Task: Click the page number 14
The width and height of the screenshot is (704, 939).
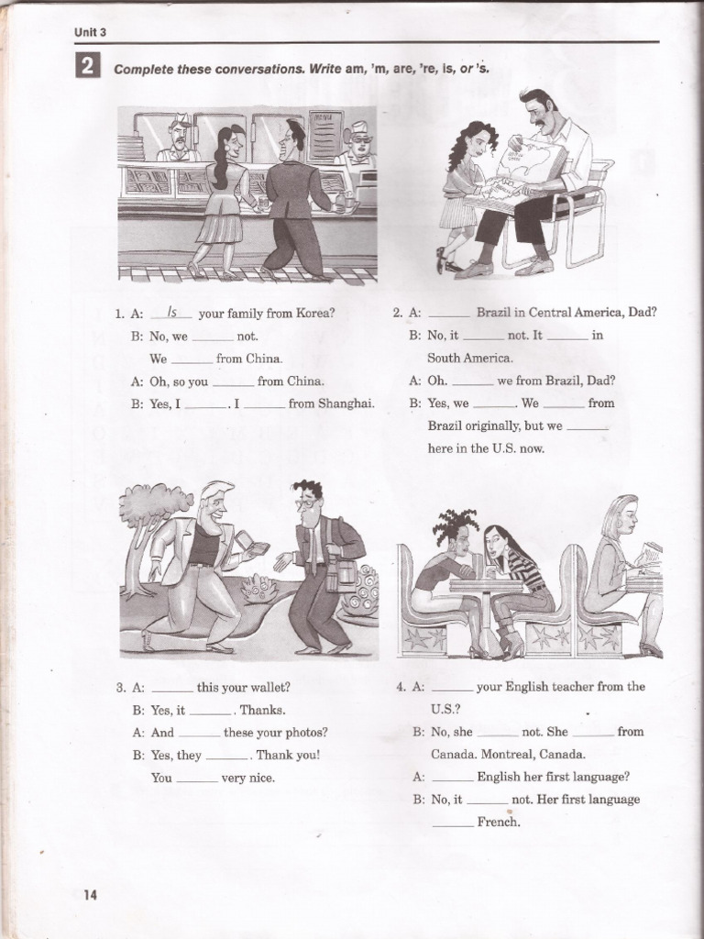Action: tap(90, 894)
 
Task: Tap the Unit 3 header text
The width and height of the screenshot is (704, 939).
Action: tap(90, 33)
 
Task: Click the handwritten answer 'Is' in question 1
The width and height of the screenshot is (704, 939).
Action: tap(170, 312)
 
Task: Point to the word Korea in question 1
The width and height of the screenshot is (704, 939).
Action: tap(313, 313)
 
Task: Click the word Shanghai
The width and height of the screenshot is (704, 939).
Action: tap(346, 403)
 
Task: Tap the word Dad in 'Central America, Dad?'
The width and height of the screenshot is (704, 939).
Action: tap(642, 312)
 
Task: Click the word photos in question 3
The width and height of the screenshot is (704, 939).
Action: tap(307, 733)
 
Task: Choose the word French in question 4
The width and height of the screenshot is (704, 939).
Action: tap(499, 823)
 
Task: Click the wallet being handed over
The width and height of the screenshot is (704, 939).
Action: tap(257, 550)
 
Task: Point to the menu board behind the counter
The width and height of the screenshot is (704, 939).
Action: tap(325, 138)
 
